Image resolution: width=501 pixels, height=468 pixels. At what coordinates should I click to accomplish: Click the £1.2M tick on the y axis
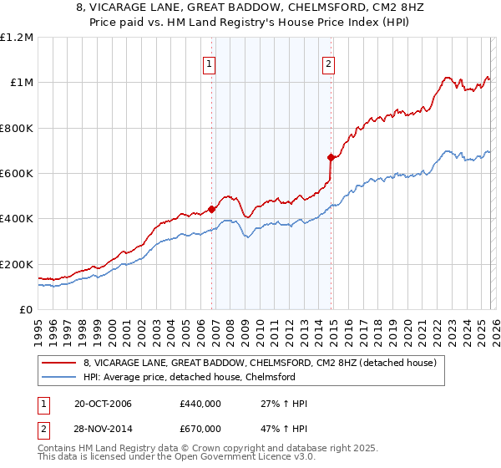tap(17, 38)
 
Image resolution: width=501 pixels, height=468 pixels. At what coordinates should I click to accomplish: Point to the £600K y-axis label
tap(17, 174)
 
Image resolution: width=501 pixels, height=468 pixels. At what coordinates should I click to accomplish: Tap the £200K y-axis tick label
tap(17, 264)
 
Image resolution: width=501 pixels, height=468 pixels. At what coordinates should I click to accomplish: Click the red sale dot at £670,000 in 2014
tap(331, 157)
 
